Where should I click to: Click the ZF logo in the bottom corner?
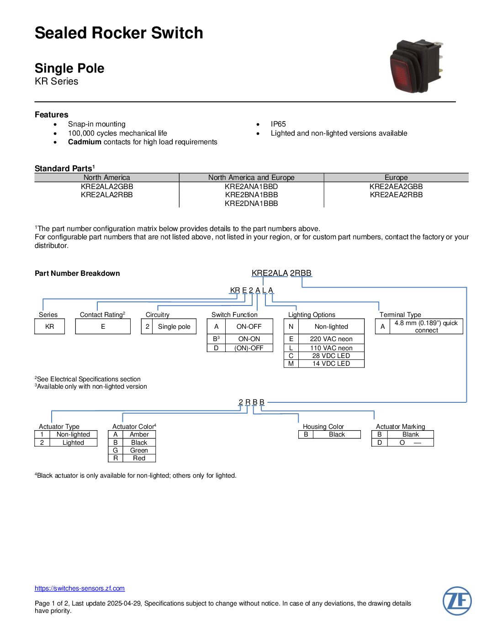[x=457, y=601]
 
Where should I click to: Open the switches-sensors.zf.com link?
[x=79, y=588]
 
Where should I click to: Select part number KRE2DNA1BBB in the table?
[x=251, y=203]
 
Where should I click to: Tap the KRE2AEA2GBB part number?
[x=396, y=186]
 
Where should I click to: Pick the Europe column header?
[x=396, y=177]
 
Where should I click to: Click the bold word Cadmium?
[x=85, y=142]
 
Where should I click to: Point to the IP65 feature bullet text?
[x=278, y=124]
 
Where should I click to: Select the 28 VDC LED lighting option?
[x=331, y=356]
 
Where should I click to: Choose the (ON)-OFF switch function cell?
[x=249, y=348]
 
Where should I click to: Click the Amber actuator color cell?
[x=139, y=434]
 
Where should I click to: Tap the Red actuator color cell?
[x=139, y=458]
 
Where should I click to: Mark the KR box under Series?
[x=49, y=327]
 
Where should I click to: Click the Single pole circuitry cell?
[x=174, y=327]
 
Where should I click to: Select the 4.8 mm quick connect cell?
[x=426, y=327]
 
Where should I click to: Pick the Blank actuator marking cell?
[x=410, y=434]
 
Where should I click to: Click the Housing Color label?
[x=323, y=427]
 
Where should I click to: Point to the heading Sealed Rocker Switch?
[x=119, y=33]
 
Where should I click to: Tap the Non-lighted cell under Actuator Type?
[x=73, y=434]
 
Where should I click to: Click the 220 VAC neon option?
[x=331, y=339]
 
